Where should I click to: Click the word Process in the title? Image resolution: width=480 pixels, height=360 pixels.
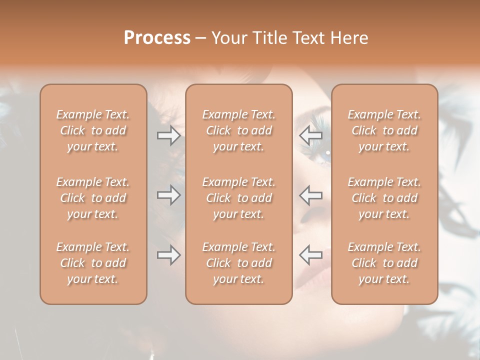pyautogui.click(x=157, y=38)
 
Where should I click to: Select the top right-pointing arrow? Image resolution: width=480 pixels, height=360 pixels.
pyautogui.click(x=168, y=135)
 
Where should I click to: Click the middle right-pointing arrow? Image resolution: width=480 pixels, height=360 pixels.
pyautogui.click(x=168, y=195)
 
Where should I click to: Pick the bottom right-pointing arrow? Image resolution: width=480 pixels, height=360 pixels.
pyautogui.click(x=168, y=255)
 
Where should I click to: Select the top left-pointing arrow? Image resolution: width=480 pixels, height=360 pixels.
pyautogui.click(x=310, y=135)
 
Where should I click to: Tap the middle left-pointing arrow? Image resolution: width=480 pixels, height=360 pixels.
pyautogui.click(x=310, y=195)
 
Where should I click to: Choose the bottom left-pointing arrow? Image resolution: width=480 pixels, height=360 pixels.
pyautogui.click(x=310, y=255)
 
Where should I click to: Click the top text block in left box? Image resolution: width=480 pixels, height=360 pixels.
pyautogui.click(x=93, y=130)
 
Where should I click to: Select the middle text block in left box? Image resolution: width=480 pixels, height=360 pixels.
pyautogui.click(x=93, y=198)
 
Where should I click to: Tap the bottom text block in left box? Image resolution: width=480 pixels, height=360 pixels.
pyautogui.click(x=93, y=263)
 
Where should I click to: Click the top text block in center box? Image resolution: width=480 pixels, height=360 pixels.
pyautogui.click(x=239, y=130)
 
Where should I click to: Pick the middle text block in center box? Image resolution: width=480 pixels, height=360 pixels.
pyautogui.click(x=239, y=198)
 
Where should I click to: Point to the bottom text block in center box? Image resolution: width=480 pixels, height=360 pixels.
pyautogui.click(x=239, y=263)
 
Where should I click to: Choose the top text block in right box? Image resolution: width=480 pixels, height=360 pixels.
pyautogui.click(x=384, y=130)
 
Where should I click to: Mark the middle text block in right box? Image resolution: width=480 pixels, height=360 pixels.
pyautogui.click(x=384, y=198)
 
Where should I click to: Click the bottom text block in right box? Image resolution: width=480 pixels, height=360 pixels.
pyautogui.click(x=384, y=263)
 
